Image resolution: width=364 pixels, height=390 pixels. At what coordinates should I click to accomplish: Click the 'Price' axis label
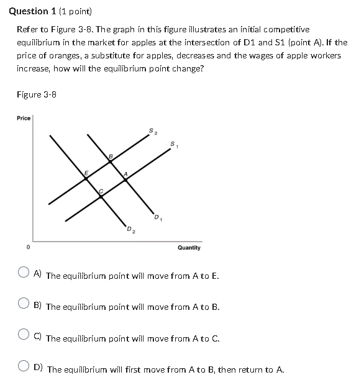point(23,118)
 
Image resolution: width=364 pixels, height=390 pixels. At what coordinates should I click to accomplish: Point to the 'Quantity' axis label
point(189,247)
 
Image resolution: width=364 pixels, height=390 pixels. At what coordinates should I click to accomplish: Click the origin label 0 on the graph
point(27,247)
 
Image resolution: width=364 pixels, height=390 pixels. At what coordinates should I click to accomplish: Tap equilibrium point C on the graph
point(102,195)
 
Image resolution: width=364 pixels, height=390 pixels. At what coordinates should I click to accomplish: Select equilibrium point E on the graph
point(86,178)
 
